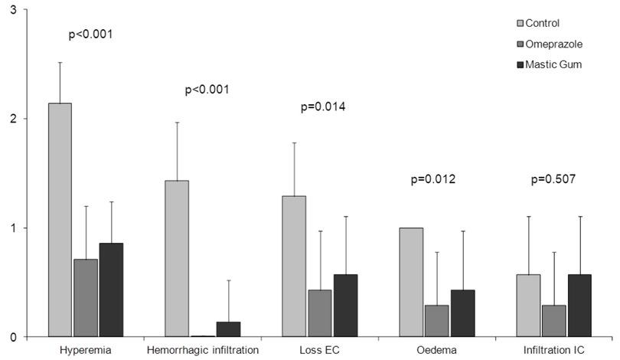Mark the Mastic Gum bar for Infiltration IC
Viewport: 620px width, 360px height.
pyautogui.click(x=579, y=306)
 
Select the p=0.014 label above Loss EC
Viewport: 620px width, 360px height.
pyautogui.click(x=323, y=106)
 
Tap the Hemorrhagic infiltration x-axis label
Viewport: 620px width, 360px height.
pyautogui.click(x=201, y=350)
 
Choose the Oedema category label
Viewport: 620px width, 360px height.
pyautogui.click(x=439, y=350)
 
